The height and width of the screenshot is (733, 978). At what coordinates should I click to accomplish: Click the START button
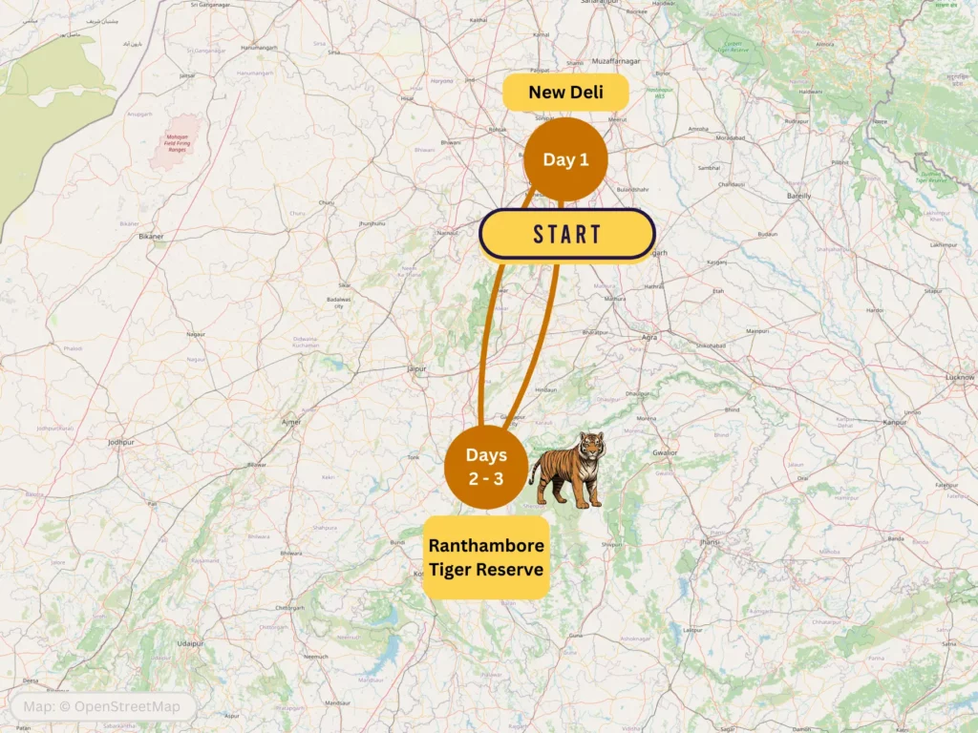pos(566,235)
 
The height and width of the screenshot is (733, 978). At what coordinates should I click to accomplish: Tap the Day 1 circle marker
pos(565,159)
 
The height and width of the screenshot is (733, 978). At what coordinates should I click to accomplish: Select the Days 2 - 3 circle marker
pos(485,468)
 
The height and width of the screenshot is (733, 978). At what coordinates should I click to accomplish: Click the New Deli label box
pos(565,93)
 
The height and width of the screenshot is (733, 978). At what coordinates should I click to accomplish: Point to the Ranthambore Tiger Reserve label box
pos(486,557)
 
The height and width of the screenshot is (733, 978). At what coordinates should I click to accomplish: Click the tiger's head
pos(591,445)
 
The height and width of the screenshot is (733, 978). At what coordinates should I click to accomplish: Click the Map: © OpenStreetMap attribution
pos(102,707)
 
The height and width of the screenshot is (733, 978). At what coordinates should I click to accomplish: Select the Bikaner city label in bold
pos(151,236)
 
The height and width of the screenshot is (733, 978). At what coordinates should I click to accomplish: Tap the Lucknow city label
pos(959,377)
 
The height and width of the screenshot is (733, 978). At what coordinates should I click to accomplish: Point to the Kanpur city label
pos(894,421)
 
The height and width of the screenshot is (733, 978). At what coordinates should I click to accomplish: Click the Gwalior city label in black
pos(664,452)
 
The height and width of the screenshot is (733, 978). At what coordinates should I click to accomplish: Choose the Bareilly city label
pos(797,195)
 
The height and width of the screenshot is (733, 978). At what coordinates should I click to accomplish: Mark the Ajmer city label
pos(292,421)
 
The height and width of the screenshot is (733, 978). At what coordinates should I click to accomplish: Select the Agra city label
pos(649,338)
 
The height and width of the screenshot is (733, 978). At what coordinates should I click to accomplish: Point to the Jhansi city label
pos(708,541)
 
